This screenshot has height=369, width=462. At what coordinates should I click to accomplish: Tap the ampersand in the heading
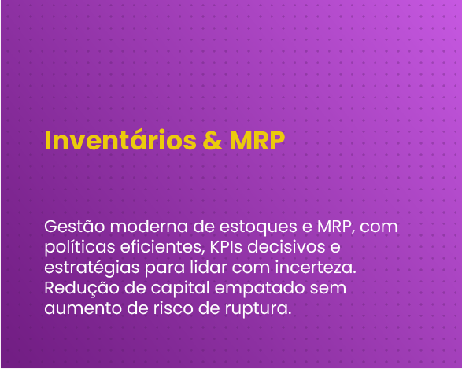point(213,140)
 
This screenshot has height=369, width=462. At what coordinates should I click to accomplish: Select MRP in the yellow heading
point(257,140)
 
